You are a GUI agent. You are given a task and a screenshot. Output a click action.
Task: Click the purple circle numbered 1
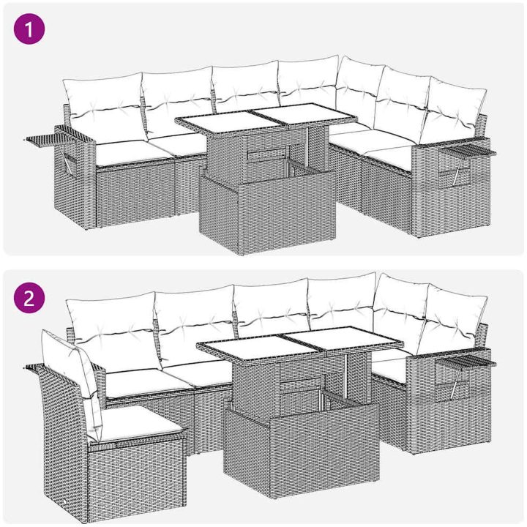tap(29, 29)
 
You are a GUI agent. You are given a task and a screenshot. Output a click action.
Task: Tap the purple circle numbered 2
tap(29, 298)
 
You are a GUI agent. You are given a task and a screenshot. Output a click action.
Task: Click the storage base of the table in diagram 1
tap(267, 212)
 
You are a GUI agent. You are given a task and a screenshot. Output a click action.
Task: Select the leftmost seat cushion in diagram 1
tap(135, 153)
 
